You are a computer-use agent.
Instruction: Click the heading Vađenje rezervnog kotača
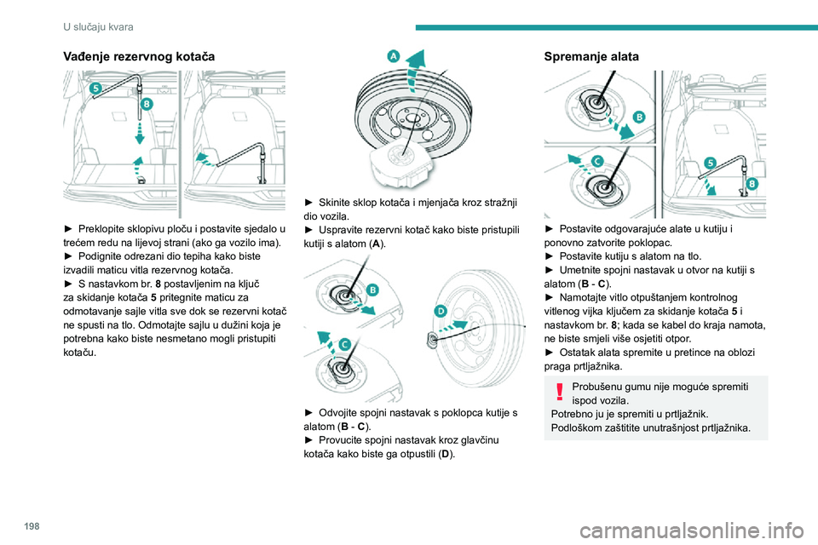point(139,56)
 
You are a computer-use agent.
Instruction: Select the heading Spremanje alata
point(591,56)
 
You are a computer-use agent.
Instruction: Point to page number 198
point(32,526)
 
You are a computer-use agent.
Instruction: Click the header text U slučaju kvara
point(98,26)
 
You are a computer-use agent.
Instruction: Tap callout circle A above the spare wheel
point(394,56)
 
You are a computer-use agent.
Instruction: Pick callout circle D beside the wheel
point(441,311)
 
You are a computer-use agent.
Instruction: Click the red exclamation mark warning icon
point(559,392)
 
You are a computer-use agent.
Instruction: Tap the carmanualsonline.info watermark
point(692,531)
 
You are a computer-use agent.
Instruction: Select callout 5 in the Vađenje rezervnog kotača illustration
point(95,89)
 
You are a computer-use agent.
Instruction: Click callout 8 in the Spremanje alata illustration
point(752,184)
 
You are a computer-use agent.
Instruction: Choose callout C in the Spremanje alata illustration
point(597,161)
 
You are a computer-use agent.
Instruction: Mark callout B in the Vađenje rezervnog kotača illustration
point(147,104)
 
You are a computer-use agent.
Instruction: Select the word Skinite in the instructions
point(335,203)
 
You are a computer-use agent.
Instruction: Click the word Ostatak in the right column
point(577,352)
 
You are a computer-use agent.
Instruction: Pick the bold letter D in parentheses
point(446,454)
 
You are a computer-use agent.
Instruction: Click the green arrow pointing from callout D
point(454,327)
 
